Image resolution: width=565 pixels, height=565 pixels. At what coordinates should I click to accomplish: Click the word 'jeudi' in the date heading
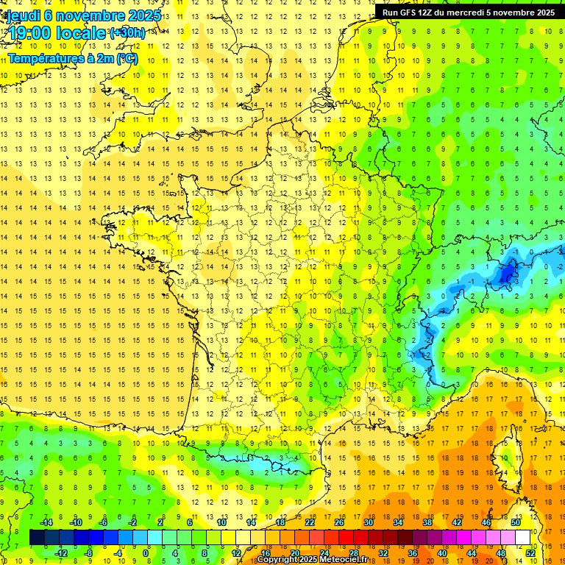(23, 15)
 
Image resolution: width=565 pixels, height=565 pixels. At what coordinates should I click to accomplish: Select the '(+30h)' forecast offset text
(127, 33)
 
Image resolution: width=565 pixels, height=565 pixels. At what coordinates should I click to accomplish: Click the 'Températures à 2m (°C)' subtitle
(72, 57)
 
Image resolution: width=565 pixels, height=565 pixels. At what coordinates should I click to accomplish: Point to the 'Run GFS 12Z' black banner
(469, 12)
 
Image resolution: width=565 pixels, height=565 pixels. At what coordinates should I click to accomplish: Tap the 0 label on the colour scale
(146, 553)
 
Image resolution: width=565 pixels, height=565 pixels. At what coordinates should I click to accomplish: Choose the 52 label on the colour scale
(530, 553)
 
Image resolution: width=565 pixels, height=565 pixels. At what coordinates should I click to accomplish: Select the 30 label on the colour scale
(368, 522)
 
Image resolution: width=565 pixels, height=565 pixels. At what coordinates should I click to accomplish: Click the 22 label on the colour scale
(310, 522)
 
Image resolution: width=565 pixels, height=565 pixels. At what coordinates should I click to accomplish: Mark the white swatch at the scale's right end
(523, 538)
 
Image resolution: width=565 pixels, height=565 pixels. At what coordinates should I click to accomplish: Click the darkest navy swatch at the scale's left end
(37, 538)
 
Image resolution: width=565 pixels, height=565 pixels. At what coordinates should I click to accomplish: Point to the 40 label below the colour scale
(441, 553)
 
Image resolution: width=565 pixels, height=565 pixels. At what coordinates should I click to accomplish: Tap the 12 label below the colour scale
(236, 553)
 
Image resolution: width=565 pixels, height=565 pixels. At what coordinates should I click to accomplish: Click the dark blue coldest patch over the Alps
(506, 274)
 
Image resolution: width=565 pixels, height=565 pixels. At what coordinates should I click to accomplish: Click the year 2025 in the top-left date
(144, 15)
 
